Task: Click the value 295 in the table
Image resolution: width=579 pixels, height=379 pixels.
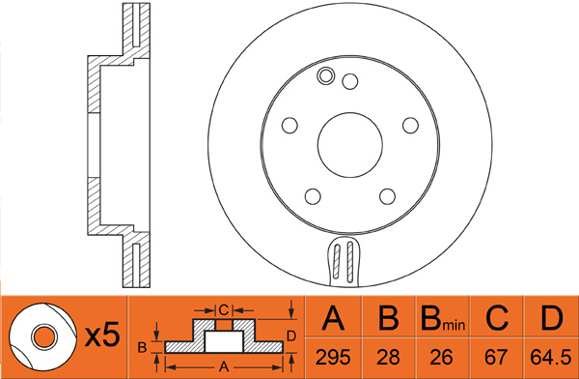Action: [333, 357]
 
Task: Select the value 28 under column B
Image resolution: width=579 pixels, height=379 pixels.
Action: [388, 357]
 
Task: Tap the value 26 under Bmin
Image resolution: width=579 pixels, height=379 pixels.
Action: [442, 357]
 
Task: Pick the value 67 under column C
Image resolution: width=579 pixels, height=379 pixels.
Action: [496, 357]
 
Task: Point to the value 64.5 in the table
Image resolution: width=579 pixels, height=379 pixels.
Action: [551, 357]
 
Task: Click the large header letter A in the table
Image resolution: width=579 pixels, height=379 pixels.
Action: [333, 317]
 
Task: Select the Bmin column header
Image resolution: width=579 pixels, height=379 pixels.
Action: [443, 318]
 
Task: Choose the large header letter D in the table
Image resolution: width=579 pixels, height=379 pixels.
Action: [552, 317]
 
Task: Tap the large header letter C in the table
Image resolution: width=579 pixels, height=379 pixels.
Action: [497, 317]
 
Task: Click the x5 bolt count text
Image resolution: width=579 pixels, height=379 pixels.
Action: [102, 335]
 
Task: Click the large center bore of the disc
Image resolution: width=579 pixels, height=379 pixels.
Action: [350, 145]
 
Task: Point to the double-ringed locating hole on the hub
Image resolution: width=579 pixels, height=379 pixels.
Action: [326, 75]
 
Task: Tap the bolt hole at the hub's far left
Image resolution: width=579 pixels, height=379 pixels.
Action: [289, 126]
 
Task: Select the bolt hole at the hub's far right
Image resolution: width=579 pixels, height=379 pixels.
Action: [410, 126]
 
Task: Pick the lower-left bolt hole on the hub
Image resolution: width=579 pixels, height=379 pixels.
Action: [313, 196]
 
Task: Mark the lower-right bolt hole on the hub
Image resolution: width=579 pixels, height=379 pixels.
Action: [387, 196]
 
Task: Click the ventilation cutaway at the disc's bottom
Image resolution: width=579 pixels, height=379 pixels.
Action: [344, 261]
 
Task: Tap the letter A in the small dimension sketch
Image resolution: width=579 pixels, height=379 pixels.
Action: [224, 366]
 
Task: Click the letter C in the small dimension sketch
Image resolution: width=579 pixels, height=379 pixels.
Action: [224, 310]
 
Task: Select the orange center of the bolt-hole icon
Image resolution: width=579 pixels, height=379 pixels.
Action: [44, 337]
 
